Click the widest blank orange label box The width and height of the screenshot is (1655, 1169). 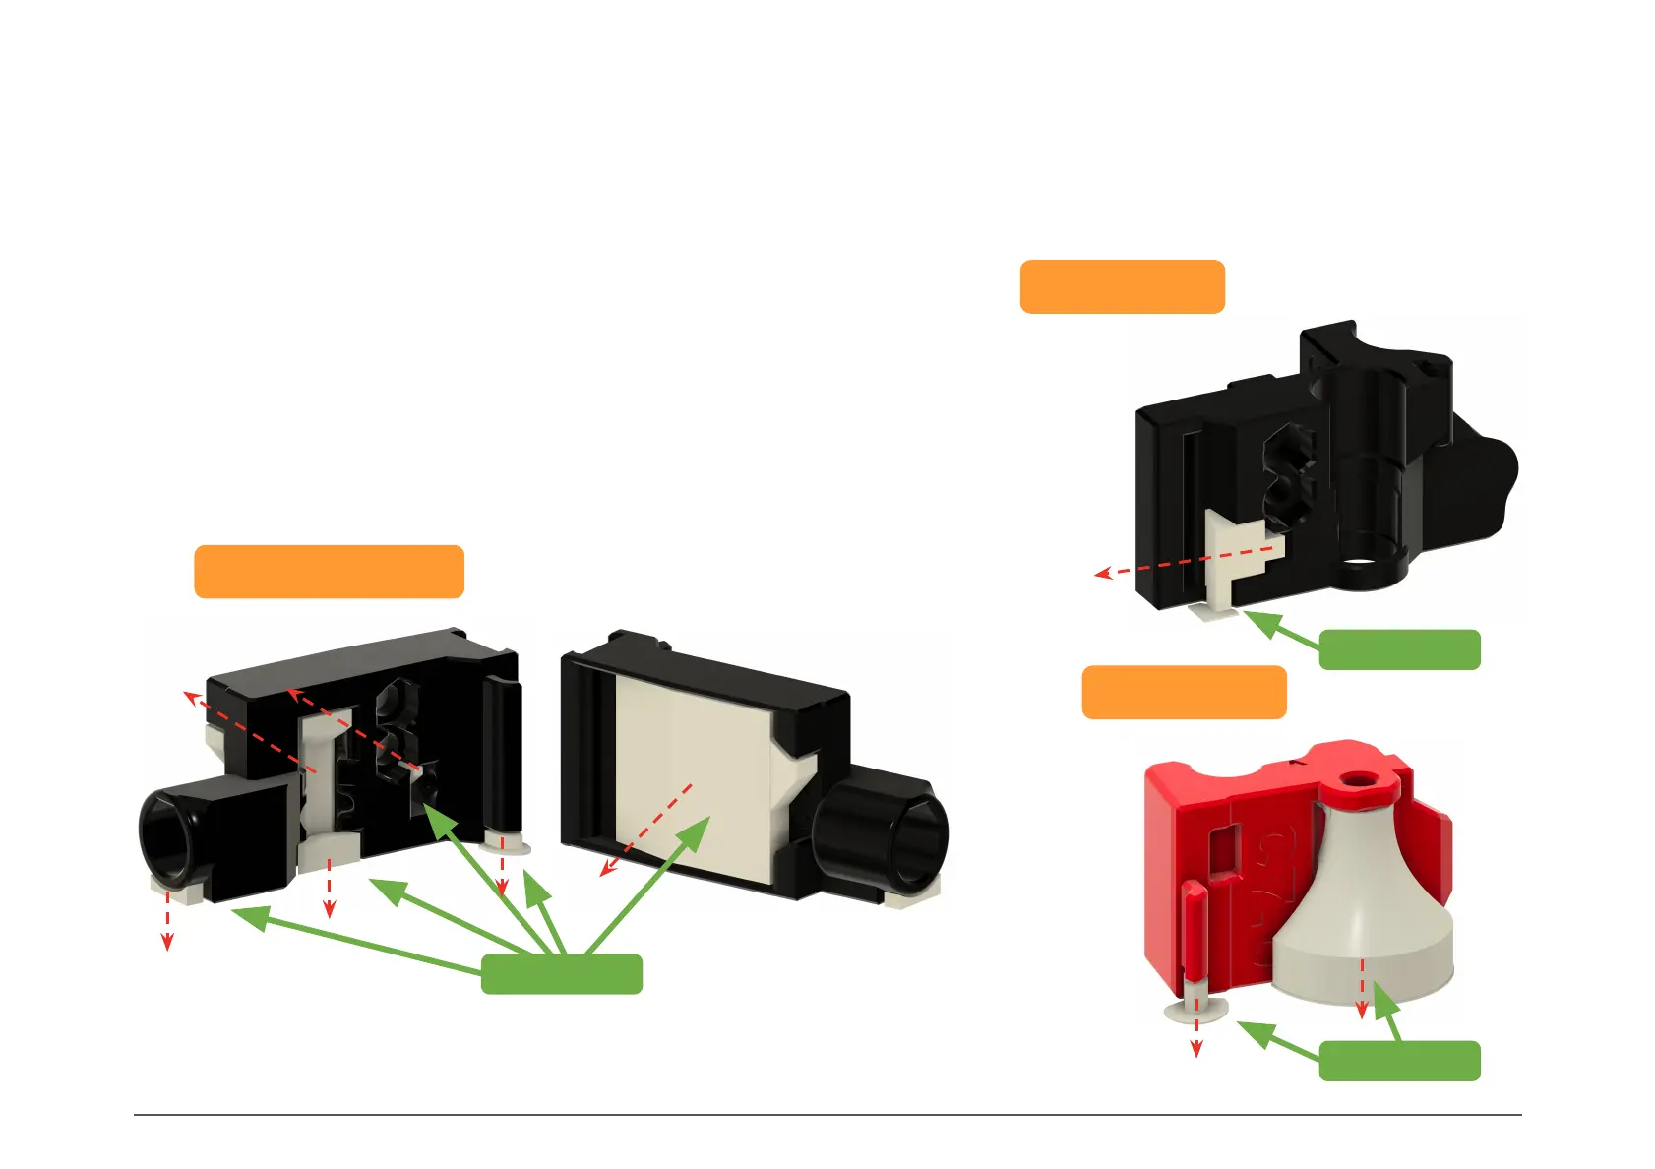coord(329,572)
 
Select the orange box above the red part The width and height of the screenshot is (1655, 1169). coord(1184,693)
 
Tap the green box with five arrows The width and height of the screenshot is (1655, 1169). coord(561,973)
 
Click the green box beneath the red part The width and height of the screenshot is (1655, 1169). coord(1398,1061)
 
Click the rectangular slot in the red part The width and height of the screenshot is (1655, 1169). coord(1224,851)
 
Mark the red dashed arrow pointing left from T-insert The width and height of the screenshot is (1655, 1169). coord(1181,563)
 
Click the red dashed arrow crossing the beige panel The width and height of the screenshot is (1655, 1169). coord(649,827)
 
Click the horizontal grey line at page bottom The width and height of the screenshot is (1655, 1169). coord(827,1115)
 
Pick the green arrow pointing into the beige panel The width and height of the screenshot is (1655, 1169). coord(649,886)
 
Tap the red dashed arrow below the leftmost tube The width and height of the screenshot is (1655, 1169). coord(167,920)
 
